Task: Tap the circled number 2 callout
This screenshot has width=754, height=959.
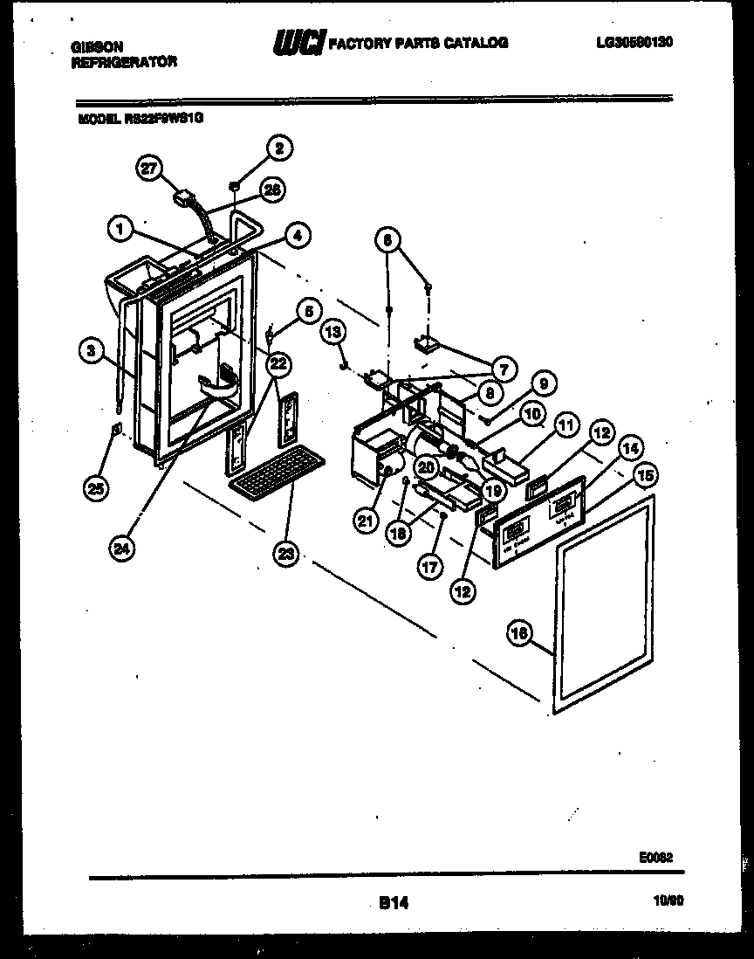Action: click(278, 148)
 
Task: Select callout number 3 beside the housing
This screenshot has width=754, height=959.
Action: click(89, 351)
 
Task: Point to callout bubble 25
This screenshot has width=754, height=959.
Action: click(98, 489)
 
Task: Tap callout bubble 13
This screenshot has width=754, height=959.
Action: click(332, 330)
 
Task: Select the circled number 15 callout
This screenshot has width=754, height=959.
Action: click(645, 475)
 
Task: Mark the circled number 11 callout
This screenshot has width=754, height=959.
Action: click(567, 426)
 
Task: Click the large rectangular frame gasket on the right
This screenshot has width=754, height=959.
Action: click(602, 603)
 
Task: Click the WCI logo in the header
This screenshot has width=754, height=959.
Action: click(299, 42)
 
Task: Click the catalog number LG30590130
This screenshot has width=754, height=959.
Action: click(634, 42)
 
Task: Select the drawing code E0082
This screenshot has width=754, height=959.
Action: click(655, 859)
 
